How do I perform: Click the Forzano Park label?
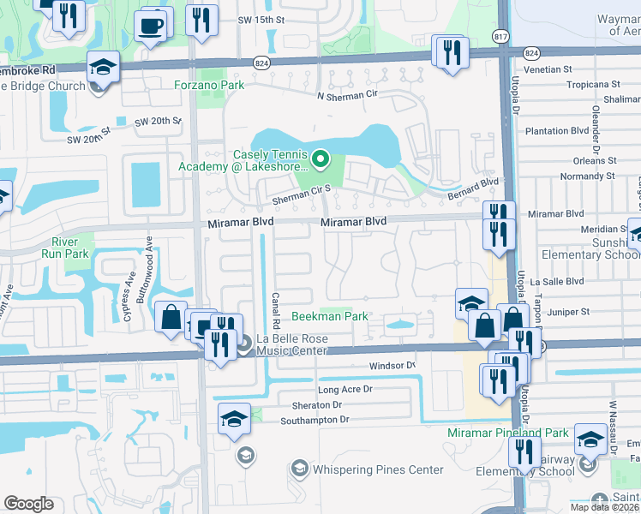click(x=209, y=85)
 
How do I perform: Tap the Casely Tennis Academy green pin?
click(x=320, y=158)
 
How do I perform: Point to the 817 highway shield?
click(x=500, y=36)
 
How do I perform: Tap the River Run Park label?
click(x=70, y=248)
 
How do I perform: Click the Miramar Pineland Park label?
click(x=507, y=433)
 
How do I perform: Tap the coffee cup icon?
click(x=152, y=25)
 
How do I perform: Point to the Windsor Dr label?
click(x=392, y=366)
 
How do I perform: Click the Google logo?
click(x=28, y=504)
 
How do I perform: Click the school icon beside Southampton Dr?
click(x=234, y=420)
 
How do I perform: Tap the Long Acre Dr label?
click(x=346, y=389)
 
